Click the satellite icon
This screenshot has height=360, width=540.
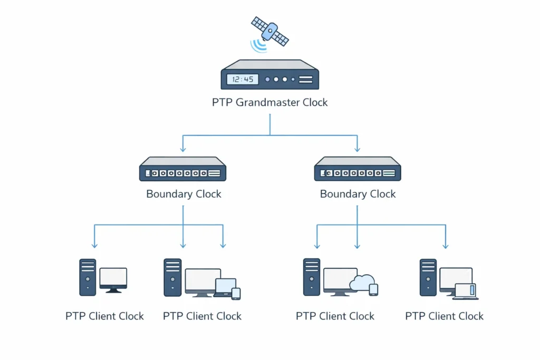(x=269, y=31)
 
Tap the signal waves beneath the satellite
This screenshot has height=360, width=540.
(x=259, y=45)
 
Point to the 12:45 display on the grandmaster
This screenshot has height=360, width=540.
(x=243, y=80)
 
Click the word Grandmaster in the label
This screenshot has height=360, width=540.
(x=268, y=102)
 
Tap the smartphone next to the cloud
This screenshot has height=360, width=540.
(x=373, y=289)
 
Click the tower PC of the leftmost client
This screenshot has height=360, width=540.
(x=88, y=277)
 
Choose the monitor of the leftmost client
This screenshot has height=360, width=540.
(x=113, y=278)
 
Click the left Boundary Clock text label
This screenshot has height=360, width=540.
(x=184, y=194)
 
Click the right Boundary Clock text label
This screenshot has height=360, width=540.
(x=358, y=194)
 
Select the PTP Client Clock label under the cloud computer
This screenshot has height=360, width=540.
(x=335, y=316)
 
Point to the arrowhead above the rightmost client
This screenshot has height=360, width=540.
(x=446, y=245)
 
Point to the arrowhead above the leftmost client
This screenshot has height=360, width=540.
(x=94, y=245)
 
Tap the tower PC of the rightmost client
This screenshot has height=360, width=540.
(x=428, y=277)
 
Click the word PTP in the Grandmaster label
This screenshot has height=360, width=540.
(x=222, y=102)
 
